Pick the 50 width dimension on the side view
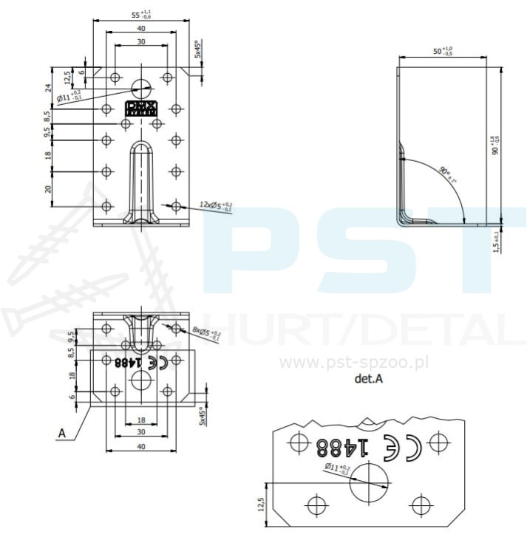[x=443, y=50]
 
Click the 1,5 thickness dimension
[x=496, y=242]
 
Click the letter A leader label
[x=63, y=434]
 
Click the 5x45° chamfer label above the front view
[x=197, y=49]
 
